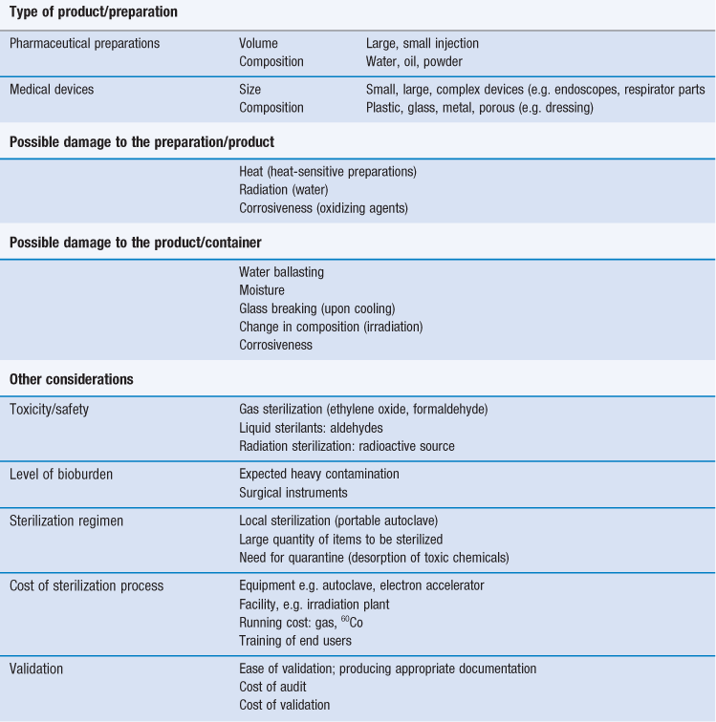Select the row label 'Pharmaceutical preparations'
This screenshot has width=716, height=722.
(84, 43)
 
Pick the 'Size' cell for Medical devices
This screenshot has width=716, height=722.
(251, 89)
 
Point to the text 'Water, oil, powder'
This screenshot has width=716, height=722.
(416, 61)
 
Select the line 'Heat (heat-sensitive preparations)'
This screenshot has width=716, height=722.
(328, 172)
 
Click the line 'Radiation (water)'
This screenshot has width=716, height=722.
(286, 190)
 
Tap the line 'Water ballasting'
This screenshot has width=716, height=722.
(281, 272)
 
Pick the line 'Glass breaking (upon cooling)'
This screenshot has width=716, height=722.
(316, 308)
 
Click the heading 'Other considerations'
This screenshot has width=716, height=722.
(72, 379)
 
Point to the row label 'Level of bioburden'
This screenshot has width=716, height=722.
(62, 474)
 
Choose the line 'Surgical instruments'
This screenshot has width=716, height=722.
(293, 492)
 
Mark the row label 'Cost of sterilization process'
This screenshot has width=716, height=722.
(86, 585)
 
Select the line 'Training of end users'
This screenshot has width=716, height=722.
(294, 640)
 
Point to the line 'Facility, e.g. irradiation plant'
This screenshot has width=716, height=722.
(315, 604)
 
